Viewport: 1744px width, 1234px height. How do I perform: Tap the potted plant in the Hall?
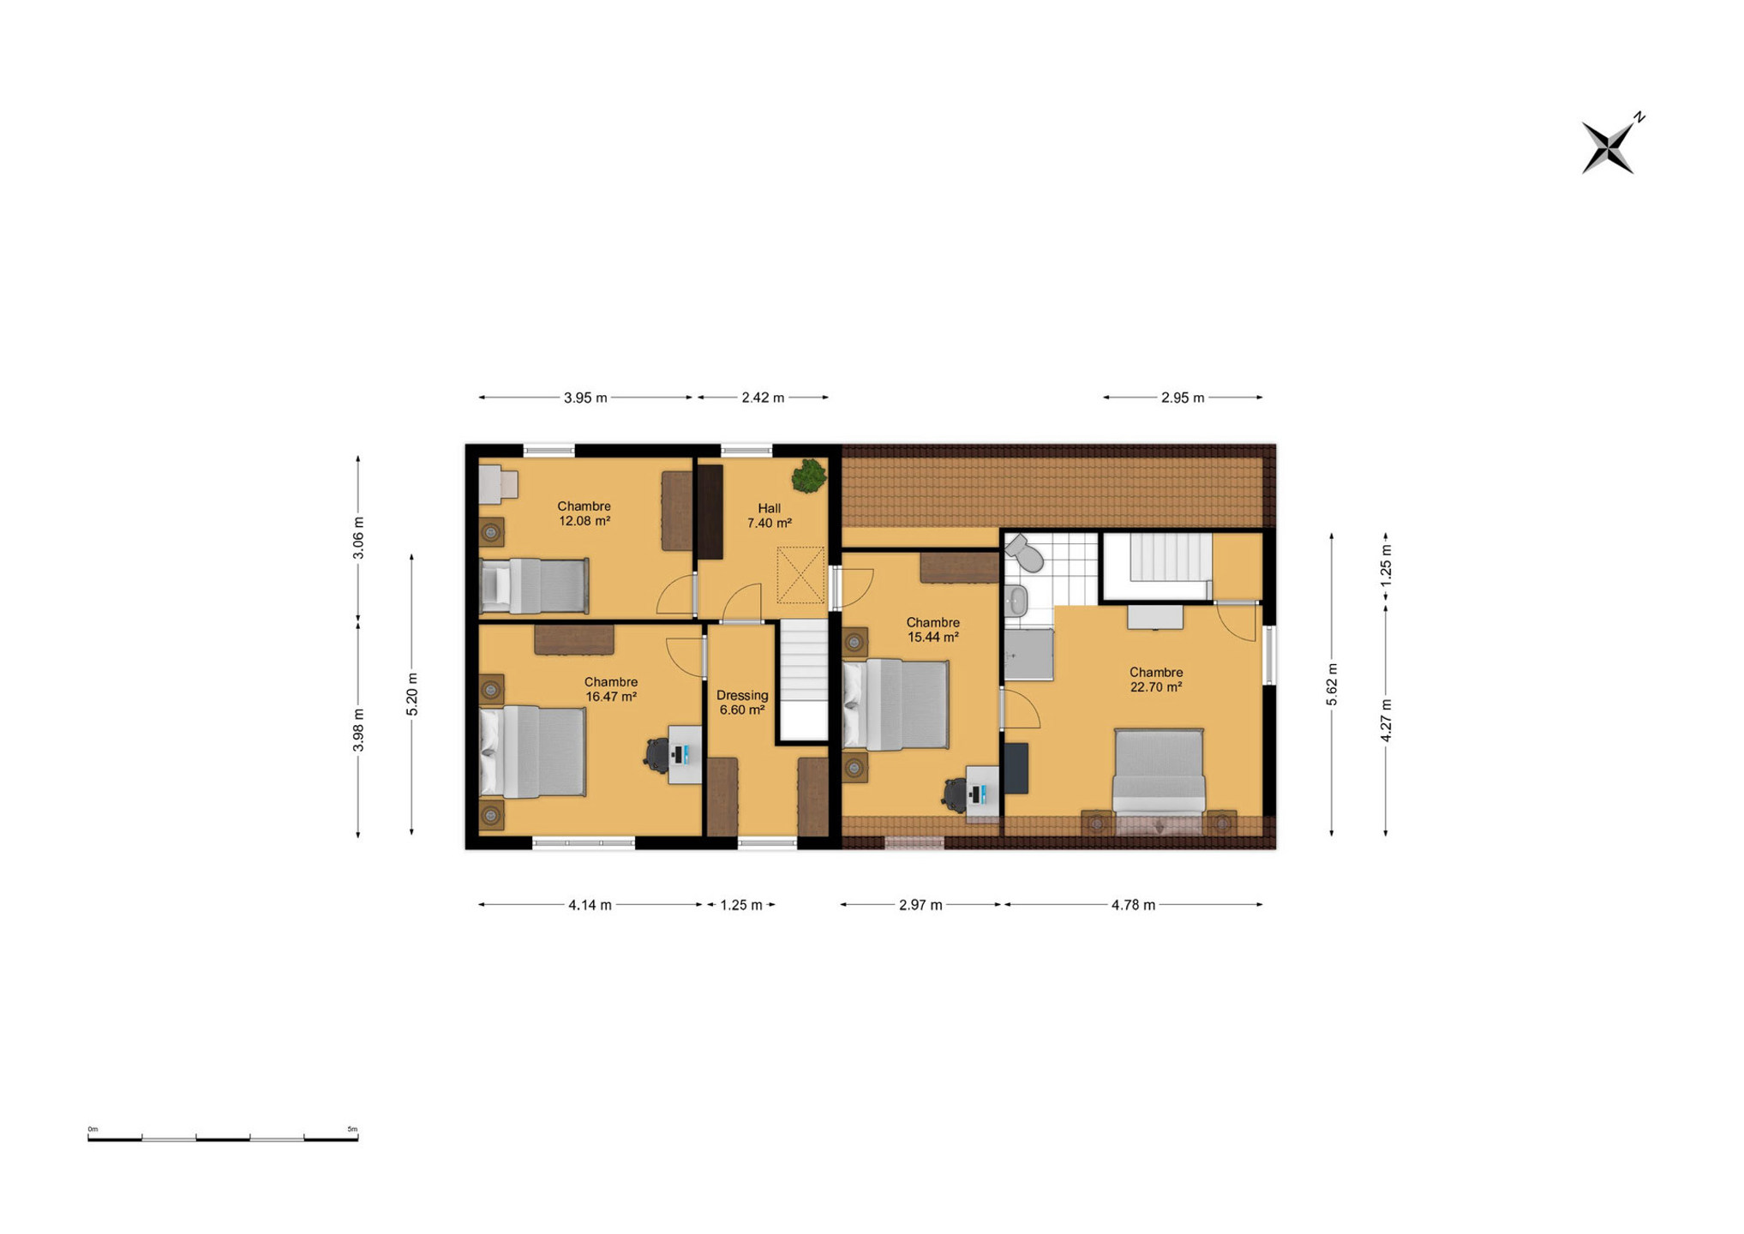click(x=808, y=476)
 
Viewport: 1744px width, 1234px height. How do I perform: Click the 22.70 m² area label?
click(x=1156, y=687)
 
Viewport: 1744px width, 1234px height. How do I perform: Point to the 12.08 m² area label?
click(x=584, y=521)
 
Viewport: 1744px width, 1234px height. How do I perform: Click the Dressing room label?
click(x=742, y=695)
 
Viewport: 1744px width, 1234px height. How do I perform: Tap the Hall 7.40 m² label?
click(x=770, y=516)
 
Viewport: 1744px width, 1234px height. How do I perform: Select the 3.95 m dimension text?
click(x=585, y=398)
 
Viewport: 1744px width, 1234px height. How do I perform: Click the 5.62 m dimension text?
click(x=1332, y=685)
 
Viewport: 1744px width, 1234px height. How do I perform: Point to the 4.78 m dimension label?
click(x=1133, y=905)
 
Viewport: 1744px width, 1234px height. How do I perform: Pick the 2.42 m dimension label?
click(x=763, y=398)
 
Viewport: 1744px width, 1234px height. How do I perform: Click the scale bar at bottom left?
click(x=223, y=1137)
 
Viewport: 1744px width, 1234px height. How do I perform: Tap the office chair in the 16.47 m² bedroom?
click(x=657, y=755)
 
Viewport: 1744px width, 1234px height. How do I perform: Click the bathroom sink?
click(x=1016, y=601)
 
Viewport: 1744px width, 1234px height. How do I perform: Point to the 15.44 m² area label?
click(x=933, y=638)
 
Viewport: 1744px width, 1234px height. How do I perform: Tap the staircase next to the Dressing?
click(x=803, y=680)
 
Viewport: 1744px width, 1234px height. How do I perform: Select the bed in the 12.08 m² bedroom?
click(x=534, y=585)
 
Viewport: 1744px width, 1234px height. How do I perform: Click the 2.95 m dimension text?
click(x=1183, y=398)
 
